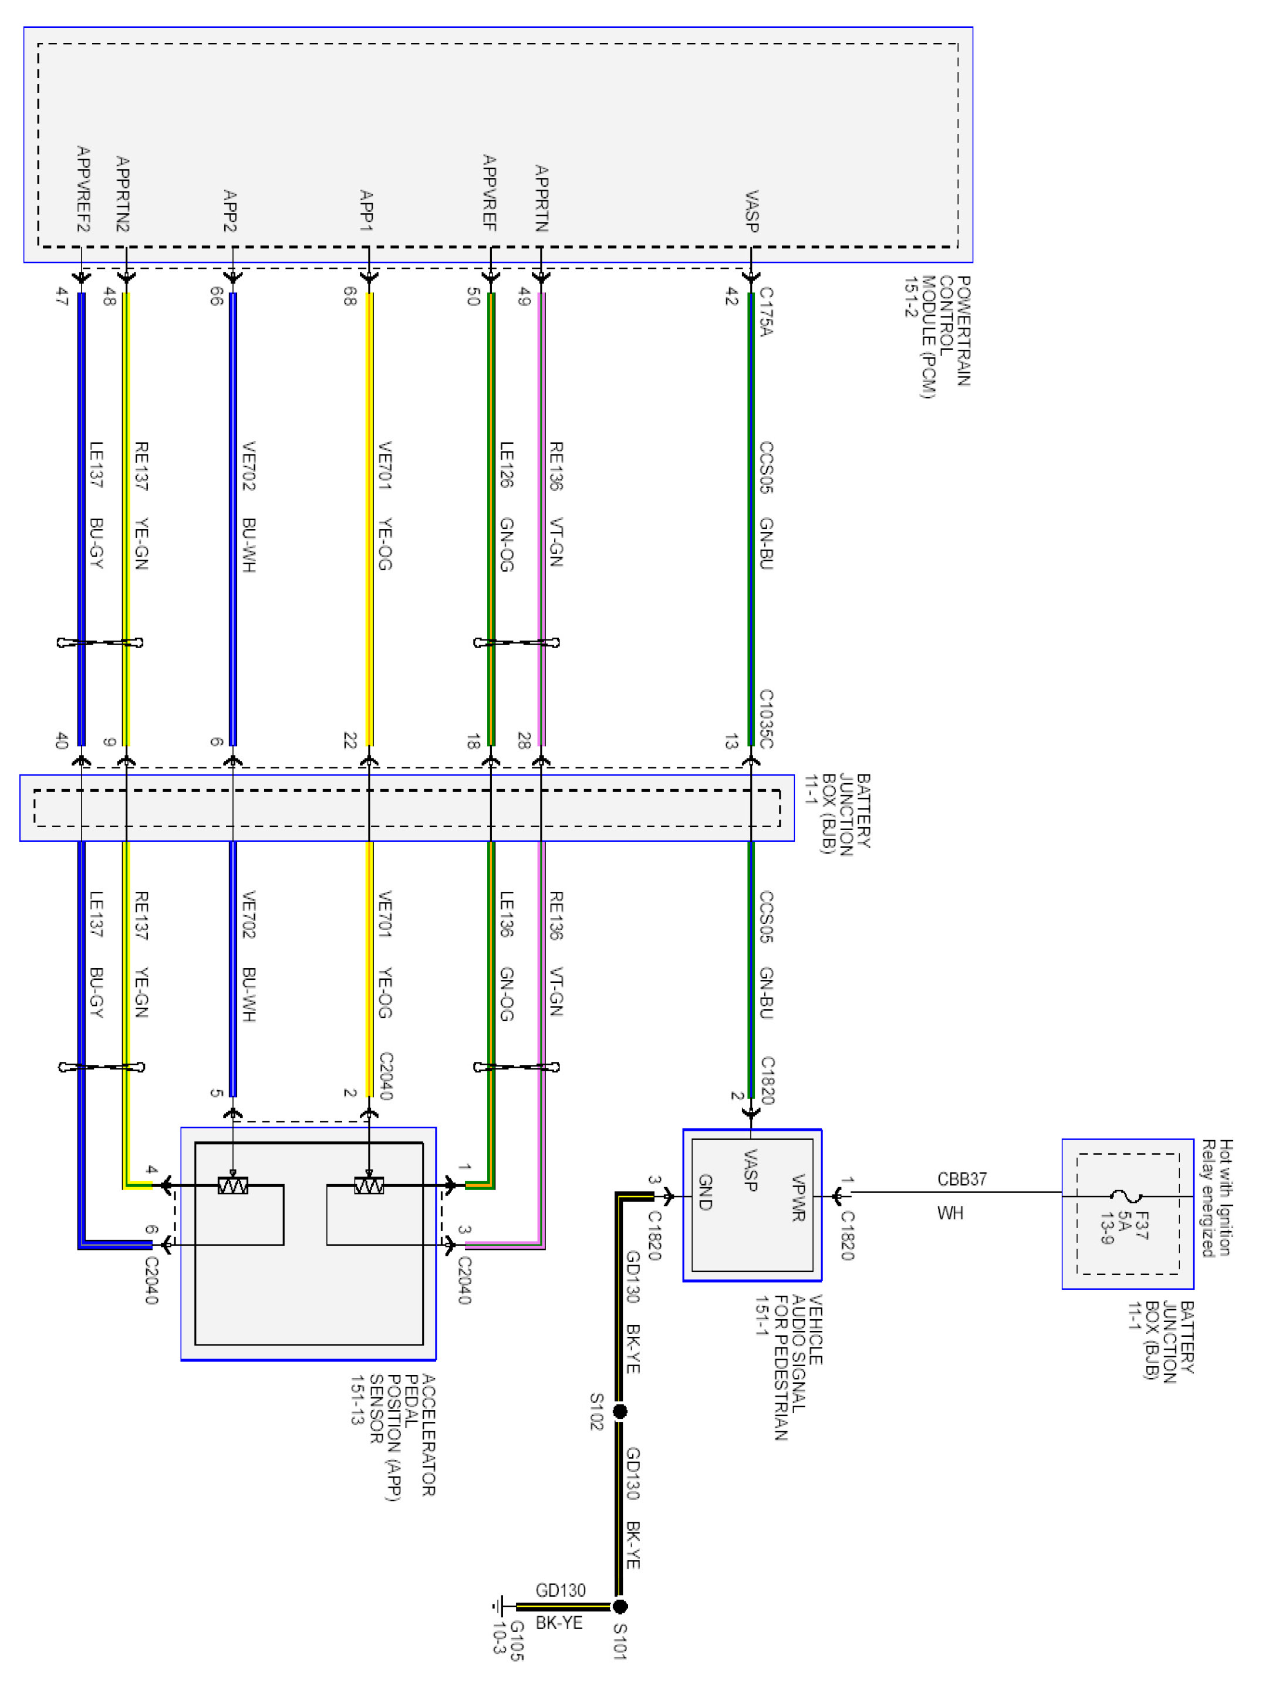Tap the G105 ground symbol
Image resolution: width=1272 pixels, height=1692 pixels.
pyautogui.click(x=500, y=1606)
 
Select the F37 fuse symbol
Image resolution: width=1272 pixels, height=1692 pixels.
pyautogui.click(x=1126, y=1195)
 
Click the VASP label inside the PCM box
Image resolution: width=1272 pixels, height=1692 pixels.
pyautogui.click(x=752, y=211)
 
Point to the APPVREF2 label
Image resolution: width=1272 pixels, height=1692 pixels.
pyautogui.click(x=83, y=189)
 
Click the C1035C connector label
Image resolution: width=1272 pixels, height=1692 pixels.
pyautogui.click(x=765, y=719)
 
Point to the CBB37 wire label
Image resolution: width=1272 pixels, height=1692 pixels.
pyautogui.click(x=961, y=1179)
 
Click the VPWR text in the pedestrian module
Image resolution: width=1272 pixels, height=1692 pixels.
pyautogui.click(x=798, y=1197)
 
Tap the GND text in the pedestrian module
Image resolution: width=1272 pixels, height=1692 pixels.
pyautogui.click(x=705, y=1192)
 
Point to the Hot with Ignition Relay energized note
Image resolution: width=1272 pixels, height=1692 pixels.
pyautogui.click(x=1216, y=1198)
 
